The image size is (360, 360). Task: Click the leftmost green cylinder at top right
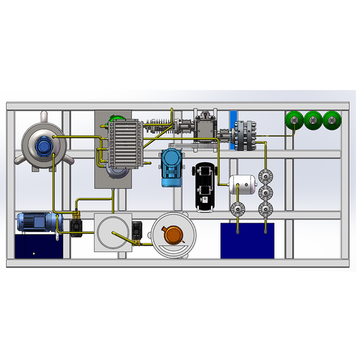point(294,120)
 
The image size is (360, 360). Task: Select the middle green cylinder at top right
point(313,120)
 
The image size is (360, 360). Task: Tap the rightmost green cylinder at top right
point(331,120)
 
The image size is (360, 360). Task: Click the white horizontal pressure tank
point(242,184)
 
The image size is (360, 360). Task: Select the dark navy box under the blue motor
point(38,246)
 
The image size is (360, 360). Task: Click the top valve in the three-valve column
point(264,176)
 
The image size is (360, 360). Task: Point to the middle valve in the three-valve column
point(264,192)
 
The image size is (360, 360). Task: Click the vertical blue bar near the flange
point(232,130)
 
